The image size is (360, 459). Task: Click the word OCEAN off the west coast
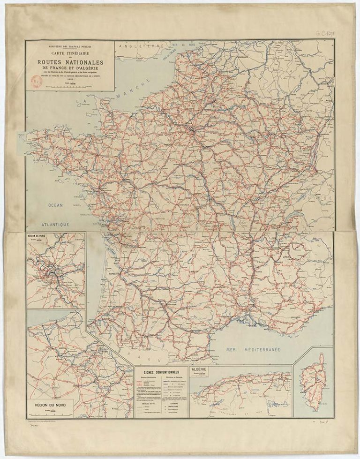pos(55,205)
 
